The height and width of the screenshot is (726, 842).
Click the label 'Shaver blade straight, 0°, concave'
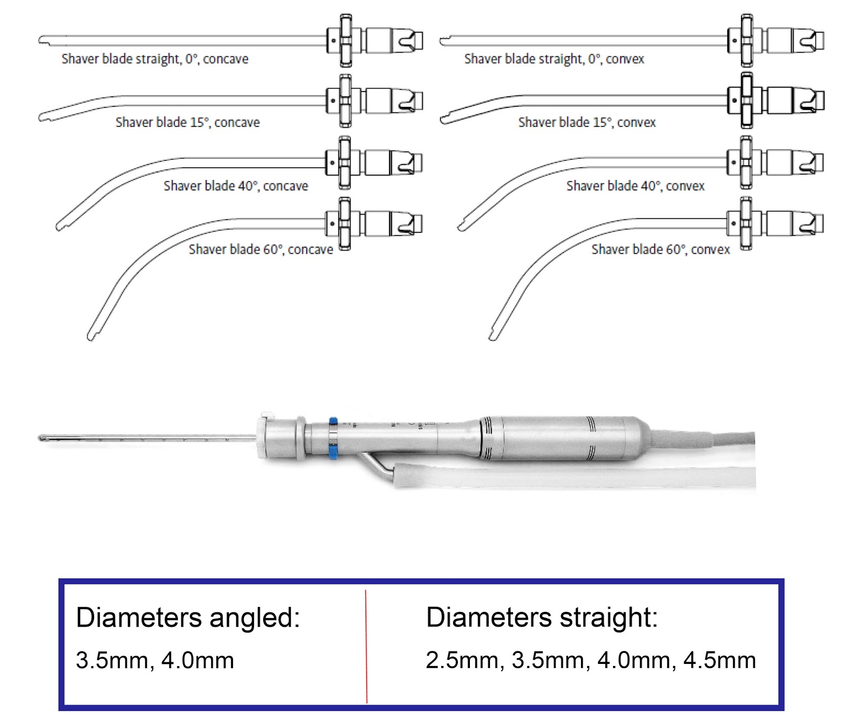pos(155,59)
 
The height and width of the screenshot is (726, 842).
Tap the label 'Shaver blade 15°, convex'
pos(587,123)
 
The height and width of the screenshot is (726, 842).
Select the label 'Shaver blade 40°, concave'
pos(235,186)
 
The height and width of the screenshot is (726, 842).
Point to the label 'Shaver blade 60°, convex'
pos(660,249)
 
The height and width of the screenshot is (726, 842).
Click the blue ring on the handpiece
pos(333,438)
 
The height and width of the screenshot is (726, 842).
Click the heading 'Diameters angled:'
pos(188,617)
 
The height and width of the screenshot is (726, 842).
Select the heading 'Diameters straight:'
pos(542,617)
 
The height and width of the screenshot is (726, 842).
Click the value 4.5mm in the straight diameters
pos(719,660)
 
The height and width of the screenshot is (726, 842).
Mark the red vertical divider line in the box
pos(366,647)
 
